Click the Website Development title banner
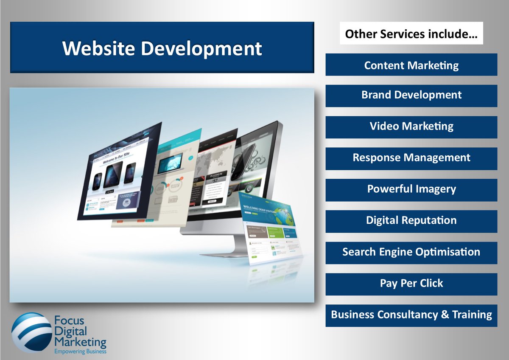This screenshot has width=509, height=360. pyautogui.click(x=162, y=48)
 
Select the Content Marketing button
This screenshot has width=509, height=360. pyautogui.click(x=411, y=65)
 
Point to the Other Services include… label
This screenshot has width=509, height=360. pyautogui.click(x=411, y=34)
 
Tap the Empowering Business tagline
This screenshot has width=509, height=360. pyautogui.click(x=80, y=352)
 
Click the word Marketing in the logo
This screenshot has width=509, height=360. pyautogui.click(x=80, y=341)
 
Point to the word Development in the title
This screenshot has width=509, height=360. pyautogui.click(x=201, y=49)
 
